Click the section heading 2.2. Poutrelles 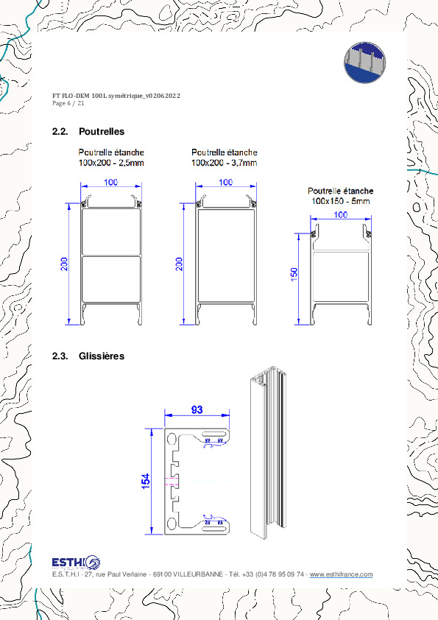88,132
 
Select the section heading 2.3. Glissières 88,356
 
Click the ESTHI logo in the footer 76,563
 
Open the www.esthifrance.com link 341,575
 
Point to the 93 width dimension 197,410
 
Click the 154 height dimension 146,481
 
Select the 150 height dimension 294,274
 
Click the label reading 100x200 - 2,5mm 111,163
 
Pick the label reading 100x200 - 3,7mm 225,163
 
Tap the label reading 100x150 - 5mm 340,200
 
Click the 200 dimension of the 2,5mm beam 64,264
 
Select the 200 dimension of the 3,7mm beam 178,264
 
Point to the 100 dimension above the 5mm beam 340,214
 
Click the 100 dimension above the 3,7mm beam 226,183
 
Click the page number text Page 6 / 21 68,104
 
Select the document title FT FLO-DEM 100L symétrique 116,96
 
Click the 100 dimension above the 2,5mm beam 110,183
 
